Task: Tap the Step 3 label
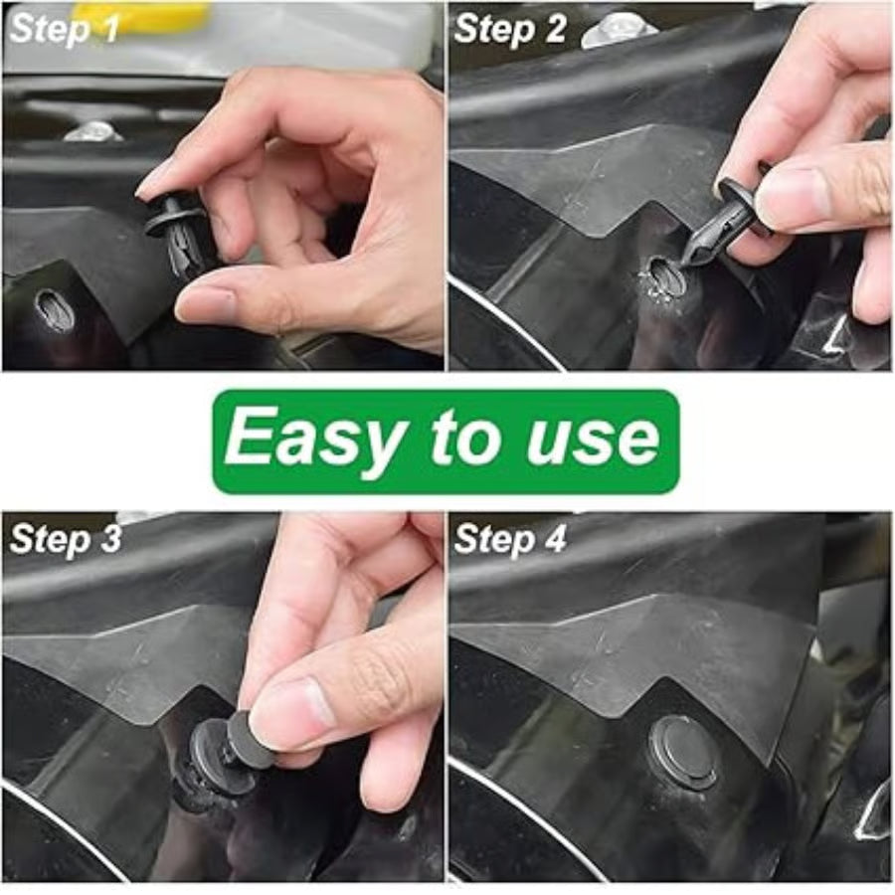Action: click(64, 539)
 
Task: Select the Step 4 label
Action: click(510, 539)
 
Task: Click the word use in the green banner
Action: click(593, 439)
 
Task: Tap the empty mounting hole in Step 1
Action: click(54, 310)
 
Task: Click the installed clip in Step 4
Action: click(684, 751)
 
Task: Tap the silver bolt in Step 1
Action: click(92, 130)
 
